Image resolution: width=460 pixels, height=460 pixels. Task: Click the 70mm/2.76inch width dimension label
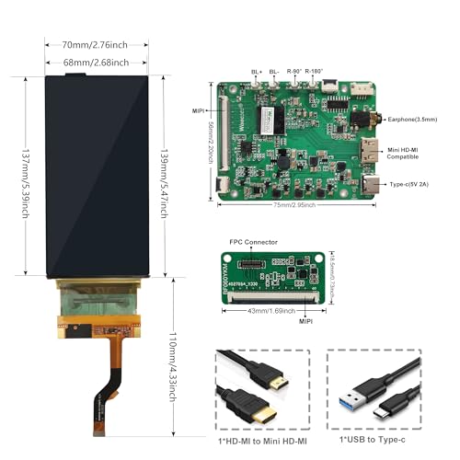95,43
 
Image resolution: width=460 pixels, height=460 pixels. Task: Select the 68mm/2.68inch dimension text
95,63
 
